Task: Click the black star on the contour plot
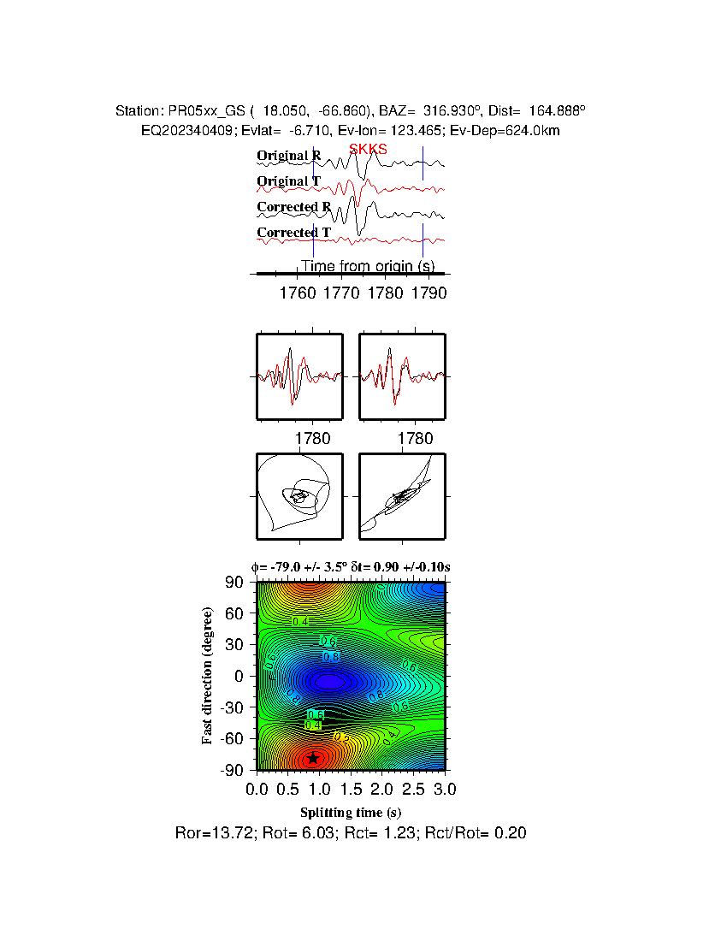pyautogui.click(x=313, y=757)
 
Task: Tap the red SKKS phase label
pyautogui.click(x=368, y=150)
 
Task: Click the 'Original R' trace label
pyautogui.click(x=289, y=156)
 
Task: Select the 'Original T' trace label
pyautogui.click(x=288, y=181)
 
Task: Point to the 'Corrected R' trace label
pyautogui.click(x=293, y=207)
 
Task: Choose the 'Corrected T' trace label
pyautogui.click(x=293, y=233)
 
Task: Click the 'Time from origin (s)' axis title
pyautogui.click(x=367, y=266)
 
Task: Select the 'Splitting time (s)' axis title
pyautogui.click(x=351, y=812)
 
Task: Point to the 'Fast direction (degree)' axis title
pyautogui.click(x=207, y=676)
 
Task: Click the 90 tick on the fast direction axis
pyautogui.click(x=235, y=583)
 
